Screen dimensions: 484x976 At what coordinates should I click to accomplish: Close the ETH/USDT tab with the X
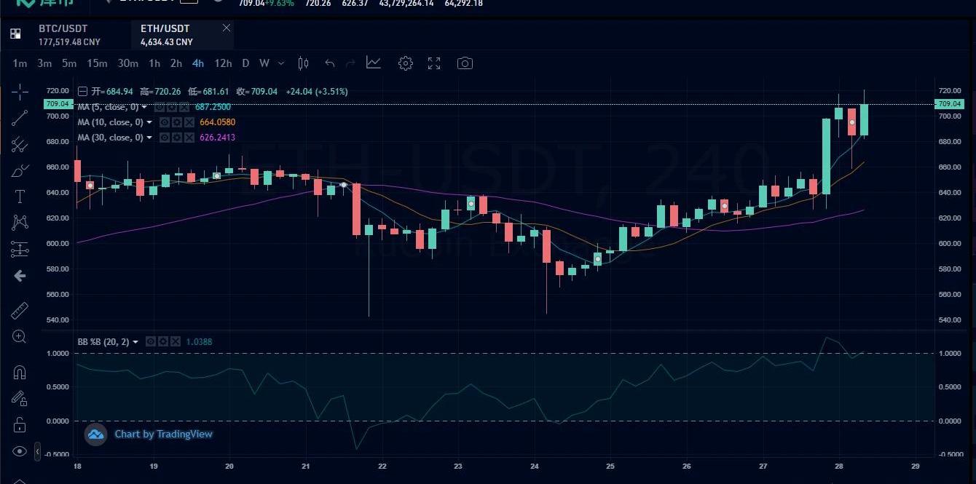coord(227,28)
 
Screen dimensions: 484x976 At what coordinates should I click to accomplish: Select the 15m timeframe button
coord(97,63)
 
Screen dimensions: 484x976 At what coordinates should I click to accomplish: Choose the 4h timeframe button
coord(198,63)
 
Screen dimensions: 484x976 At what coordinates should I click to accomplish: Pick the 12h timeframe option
coord(223,63)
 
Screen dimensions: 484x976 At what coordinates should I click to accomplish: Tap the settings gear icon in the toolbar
coord(406,63)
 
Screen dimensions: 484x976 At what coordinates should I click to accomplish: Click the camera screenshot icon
coord(465,63)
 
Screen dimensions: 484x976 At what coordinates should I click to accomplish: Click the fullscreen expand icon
coord(434,63)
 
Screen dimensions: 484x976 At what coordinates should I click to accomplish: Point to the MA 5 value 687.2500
coord(213,107)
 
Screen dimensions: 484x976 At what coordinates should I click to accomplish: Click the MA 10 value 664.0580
coord(217,122)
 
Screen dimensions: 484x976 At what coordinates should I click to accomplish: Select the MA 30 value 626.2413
coord(217,138)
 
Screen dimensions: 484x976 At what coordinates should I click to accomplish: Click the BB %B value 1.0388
coord(199,341)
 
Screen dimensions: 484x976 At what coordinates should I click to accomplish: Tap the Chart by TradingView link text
coord(163,435)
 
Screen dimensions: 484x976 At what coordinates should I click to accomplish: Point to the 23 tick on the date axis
coord(458,466)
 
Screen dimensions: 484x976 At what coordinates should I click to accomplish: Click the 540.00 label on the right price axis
coord(949,320)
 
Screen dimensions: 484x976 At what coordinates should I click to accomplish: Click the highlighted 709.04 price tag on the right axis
coord(949,104)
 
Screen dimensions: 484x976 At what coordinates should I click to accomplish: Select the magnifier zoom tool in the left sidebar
coord(20,336)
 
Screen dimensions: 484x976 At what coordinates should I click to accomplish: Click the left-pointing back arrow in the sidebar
coord(20,276)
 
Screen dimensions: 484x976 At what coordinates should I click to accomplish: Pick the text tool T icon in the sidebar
coord(20,197)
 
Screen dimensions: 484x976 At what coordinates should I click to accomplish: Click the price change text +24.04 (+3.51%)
coord(317,92)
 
